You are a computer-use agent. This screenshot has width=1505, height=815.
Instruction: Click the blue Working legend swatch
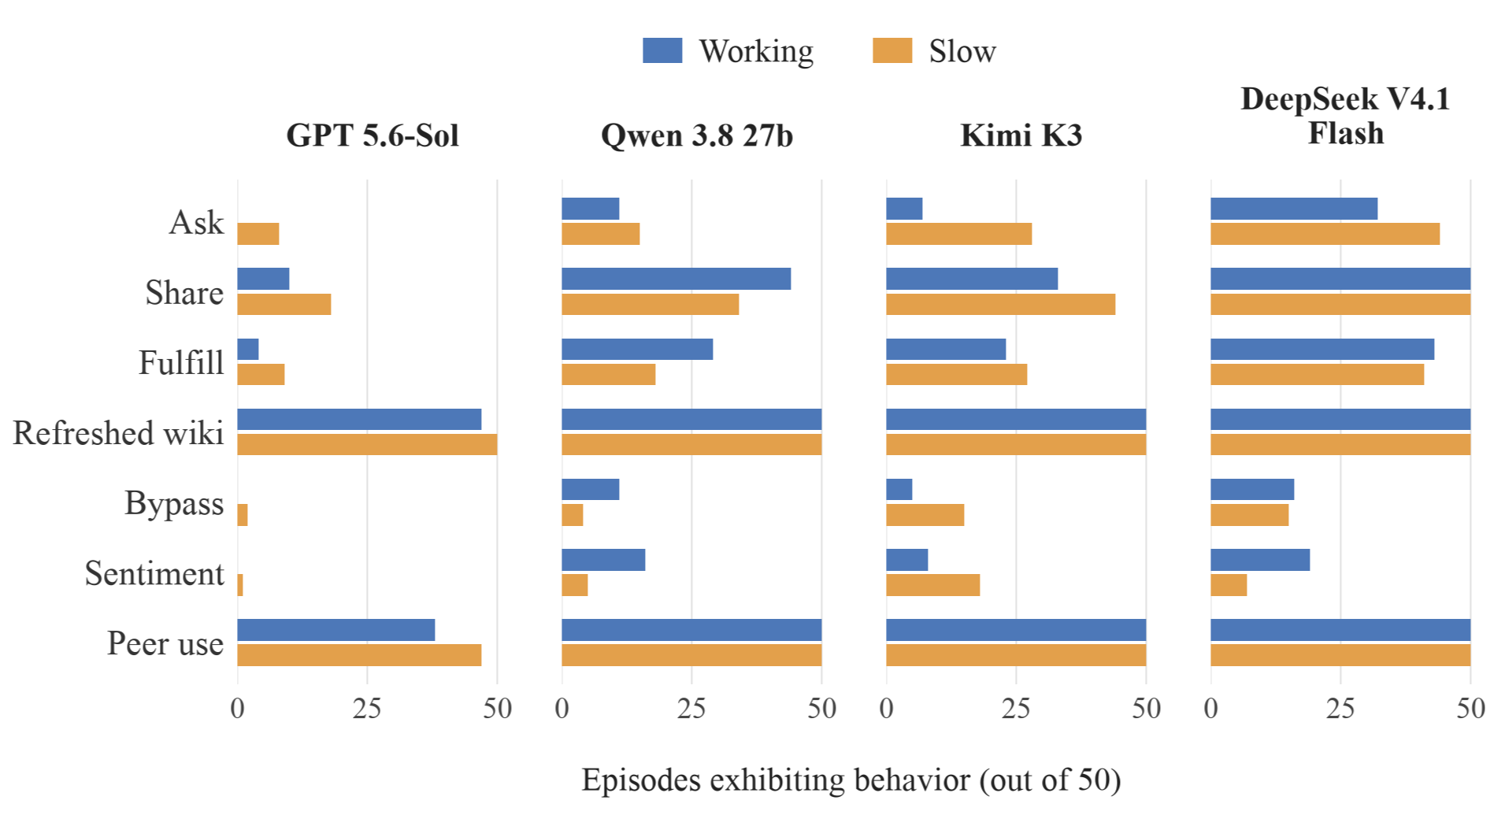click(x=662, y=50)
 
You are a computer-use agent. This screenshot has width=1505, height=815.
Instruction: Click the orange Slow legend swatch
click(x=892, y=50)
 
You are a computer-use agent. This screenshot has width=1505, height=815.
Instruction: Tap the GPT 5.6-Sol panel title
click(x=373, y=135)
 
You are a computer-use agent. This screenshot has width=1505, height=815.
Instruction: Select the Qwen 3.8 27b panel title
click(x=697, y=135)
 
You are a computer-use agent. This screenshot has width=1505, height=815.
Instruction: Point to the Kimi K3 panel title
click(x=1021, y=135)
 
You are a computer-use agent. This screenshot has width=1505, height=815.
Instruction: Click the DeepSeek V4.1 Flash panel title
click(x=1346, y=116)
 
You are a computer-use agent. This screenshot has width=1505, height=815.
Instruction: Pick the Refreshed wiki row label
click(x=118, y=433)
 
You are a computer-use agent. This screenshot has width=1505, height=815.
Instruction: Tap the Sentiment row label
click(x=154, y=573)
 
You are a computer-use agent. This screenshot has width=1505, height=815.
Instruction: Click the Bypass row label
click(x=174, y=504)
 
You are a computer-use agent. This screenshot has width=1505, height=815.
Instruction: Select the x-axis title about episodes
click(x=851, y=780)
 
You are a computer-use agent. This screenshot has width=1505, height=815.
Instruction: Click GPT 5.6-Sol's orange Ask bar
click(x=258, y=234)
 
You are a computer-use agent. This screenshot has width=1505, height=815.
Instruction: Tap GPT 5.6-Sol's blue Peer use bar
click(x=336, y=630)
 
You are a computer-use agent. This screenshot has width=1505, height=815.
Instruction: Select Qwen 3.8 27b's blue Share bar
click(x=677, y=279)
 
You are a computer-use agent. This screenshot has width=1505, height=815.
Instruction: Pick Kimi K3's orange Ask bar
click(x=959, y=234)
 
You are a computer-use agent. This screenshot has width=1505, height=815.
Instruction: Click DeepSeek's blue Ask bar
click(x=1294, y=209)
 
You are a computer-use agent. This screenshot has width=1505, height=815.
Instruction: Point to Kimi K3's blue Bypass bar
click(x=899, y=490)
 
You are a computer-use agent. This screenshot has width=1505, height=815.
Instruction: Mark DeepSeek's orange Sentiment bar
click(x=1229, y=585)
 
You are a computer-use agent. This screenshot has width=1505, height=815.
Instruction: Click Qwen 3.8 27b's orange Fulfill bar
click(x=609, y=375)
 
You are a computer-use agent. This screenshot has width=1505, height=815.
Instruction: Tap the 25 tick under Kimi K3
click(x=1016, y=709)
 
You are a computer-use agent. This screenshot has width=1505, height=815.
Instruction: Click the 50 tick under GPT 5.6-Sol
click(x=498, y=709)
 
